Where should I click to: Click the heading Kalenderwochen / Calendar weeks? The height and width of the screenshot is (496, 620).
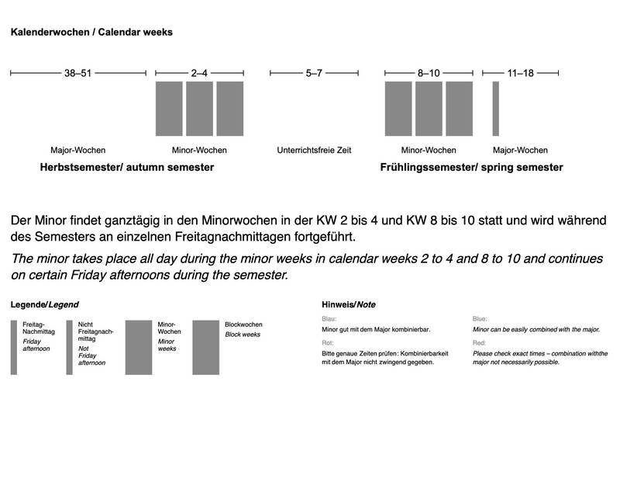click(91, 33)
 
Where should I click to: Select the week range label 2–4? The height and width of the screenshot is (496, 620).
click(199, 74)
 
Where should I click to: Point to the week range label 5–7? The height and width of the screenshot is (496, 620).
click(314, 74)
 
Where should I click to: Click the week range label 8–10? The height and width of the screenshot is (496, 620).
click(429, 74)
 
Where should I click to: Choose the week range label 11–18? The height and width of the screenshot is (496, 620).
click(520, 74)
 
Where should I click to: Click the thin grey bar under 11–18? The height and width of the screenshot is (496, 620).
click(496, 109)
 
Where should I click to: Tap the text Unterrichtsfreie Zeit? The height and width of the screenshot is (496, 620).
click(314, 150)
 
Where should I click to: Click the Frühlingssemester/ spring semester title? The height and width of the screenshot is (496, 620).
click(471, 167)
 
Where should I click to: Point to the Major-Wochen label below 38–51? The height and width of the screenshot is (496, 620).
click(77, 150)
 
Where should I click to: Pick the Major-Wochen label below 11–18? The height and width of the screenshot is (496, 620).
click(520, 150)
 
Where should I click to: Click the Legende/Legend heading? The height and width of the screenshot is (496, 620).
click(44, 304)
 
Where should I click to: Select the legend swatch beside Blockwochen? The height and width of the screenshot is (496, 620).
click(205, 347)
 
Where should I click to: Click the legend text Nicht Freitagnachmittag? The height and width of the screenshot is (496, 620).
click(96, 332)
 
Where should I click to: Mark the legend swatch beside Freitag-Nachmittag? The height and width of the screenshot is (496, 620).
click(13, 347)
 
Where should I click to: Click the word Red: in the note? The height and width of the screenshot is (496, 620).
click(480, 342)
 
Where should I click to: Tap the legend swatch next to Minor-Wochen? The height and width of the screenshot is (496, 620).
click(139, 347)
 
